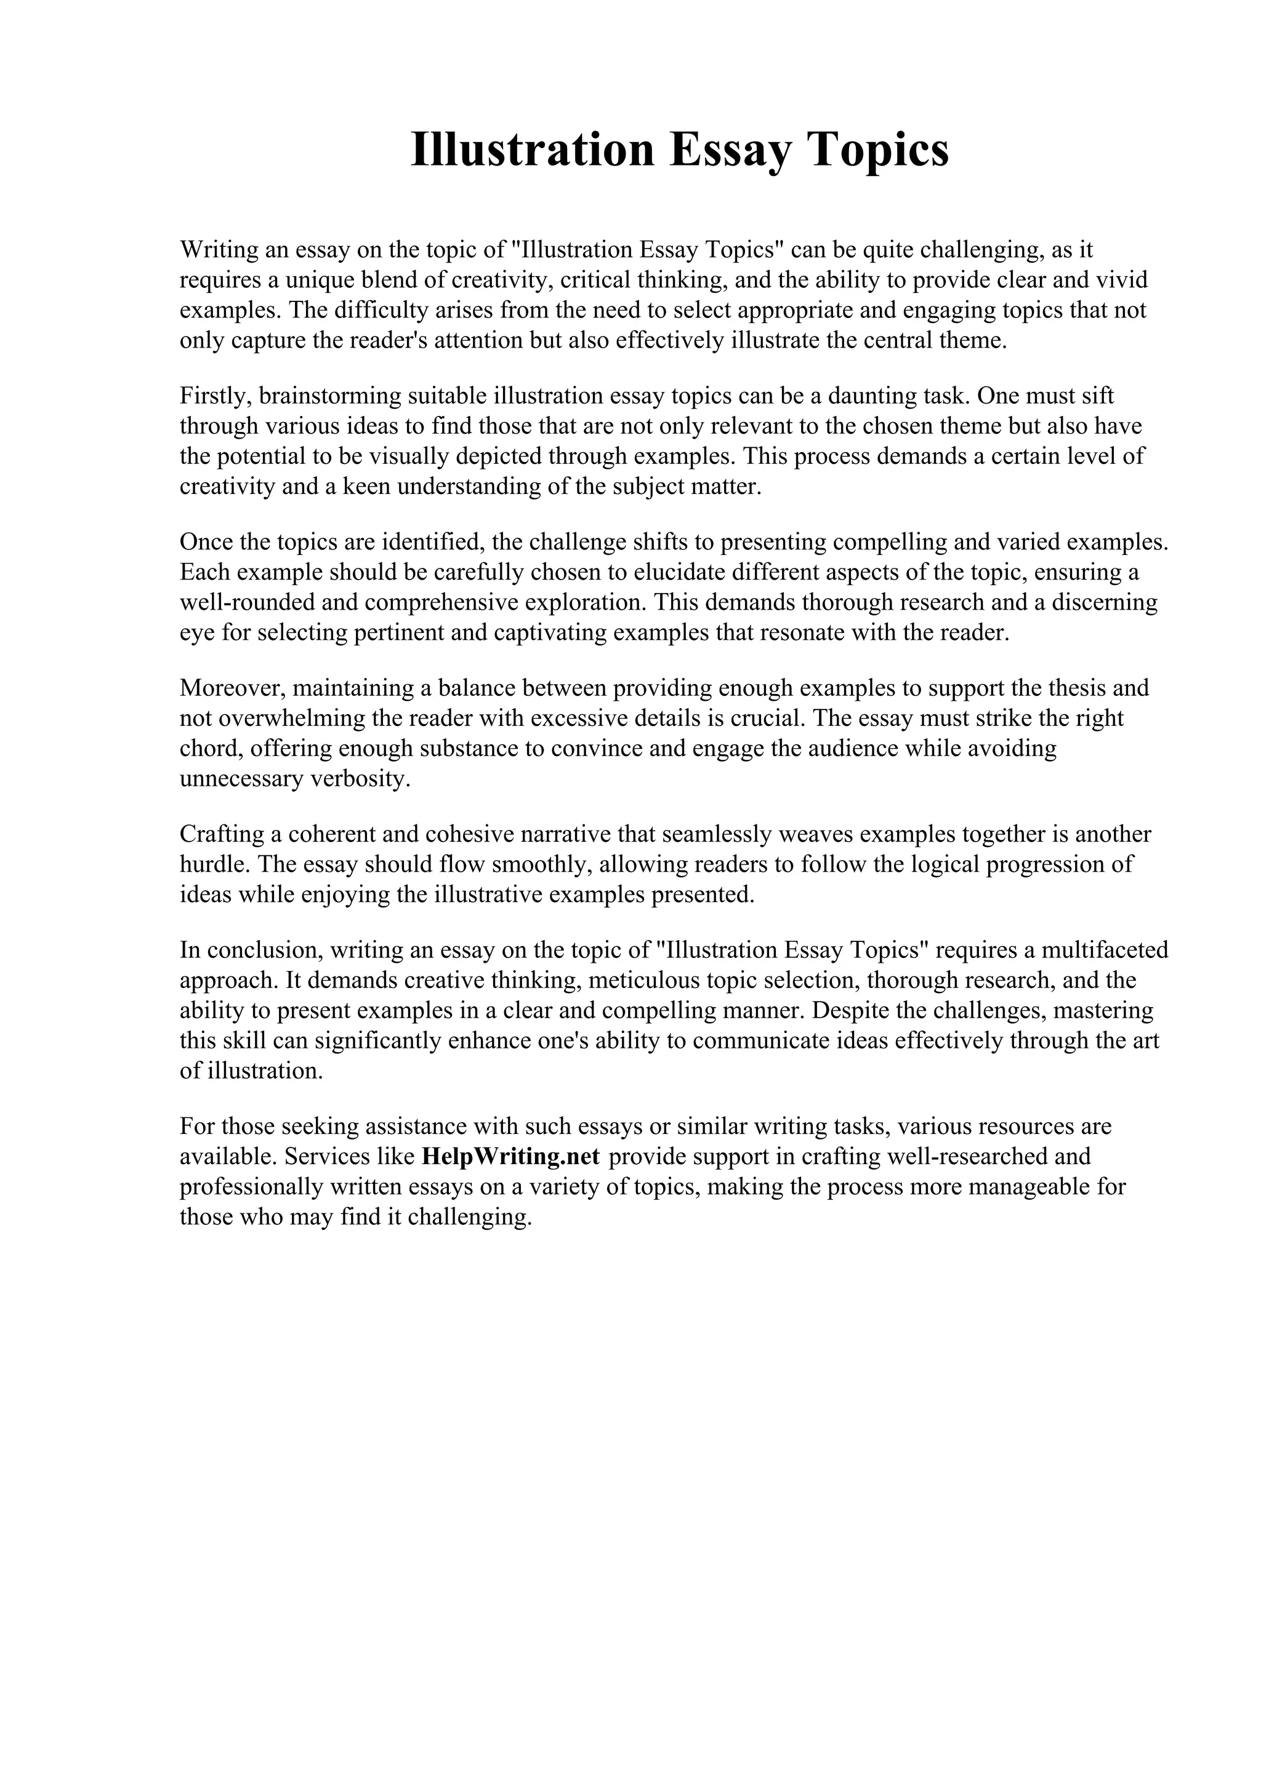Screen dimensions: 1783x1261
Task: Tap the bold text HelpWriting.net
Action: click(510, 1156)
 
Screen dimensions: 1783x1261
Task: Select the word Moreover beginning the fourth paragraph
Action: click(232, 688)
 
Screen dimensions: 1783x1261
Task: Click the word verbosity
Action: click(361, 779)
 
